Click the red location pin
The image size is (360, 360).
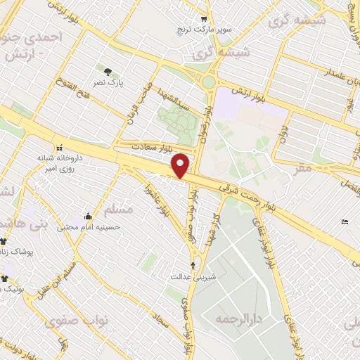[181, 165]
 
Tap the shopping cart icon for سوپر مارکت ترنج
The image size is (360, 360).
[204, 19]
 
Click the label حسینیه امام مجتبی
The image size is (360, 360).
[98, 227]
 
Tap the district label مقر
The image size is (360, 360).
[304, 169]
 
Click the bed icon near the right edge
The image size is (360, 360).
[344, 221]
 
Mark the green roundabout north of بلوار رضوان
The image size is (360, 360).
[208, 82]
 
